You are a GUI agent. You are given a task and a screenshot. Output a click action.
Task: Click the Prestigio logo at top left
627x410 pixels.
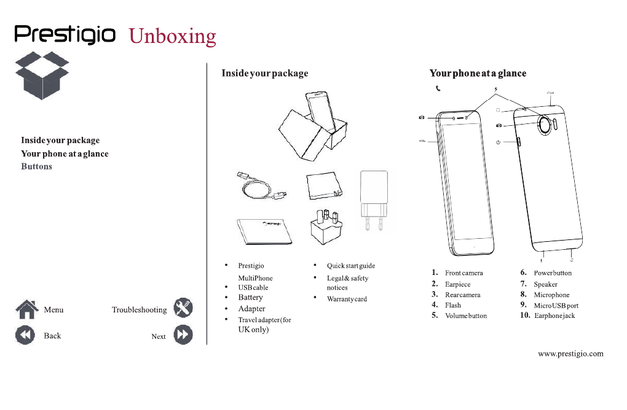(65, 35)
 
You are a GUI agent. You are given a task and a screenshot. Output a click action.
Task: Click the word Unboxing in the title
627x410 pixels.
(172, 36)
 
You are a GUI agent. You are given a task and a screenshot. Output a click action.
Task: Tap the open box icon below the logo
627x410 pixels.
(42, 75)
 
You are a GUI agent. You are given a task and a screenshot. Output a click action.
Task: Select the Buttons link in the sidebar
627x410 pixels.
(36, 166)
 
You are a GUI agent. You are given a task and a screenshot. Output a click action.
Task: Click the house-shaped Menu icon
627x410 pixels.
(27, 309)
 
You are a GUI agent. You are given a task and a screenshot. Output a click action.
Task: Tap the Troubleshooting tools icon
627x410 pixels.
(183, 307)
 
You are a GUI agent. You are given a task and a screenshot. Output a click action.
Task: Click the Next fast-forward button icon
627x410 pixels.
(183, 335)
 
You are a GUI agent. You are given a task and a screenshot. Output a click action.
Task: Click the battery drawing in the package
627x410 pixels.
(325, 185)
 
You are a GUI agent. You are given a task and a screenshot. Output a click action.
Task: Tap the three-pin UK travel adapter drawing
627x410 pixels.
(326, 226)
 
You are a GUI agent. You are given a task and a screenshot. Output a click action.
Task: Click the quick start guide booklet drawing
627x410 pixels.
(264, 231)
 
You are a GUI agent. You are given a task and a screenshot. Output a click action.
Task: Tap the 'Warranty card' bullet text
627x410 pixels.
(347, 299)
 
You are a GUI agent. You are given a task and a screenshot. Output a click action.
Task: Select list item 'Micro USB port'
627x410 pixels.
(556, 306)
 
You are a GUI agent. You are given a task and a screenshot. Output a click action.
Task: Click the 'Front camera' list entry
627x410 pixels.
(464, 273)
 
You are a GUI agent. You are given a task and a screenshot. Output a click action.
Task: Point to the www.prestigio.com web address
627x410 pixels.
(570, 354)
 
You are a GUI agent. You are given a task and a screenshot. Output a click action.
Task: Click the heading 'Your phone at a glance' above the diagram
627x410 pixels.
(478, 73)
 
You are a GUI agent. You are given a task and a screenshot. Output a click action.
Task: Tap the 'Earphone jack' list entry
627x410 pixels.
(554, 315)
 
